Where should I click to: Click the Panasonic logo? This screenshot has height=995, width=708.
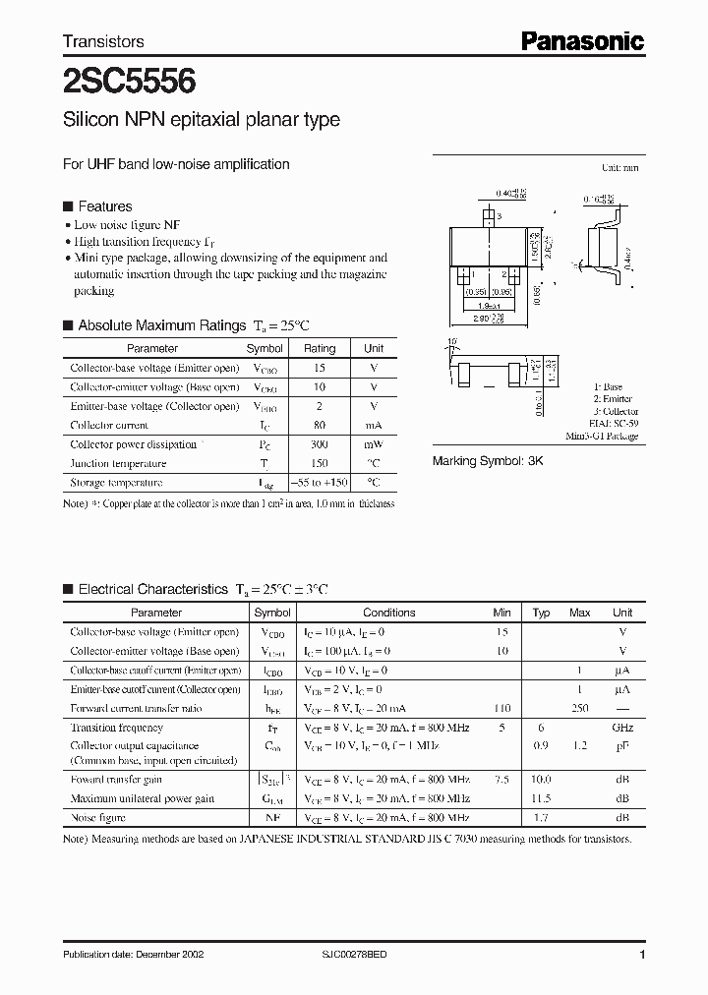pos(582,40)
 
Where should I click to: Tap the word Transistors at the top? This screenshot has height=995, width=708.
pos(103,41)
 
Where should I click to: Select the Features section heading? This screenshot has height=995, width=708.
pos(104,206)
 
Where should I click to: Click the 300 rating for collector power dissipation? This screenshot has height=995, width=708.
pos(319,444)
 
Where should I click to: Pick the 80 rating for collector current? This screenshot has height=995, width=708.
pos(319,425)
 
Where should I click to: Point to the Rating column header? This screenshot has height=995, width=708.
pos(319,348)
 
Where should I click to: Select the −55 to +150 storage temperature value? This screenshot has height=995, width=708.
pos(319,483)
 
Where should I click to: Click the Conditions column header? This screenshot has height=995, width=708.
pos(388,613)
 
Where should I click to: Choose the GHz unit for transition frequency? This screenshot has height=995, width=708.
pos(621,728)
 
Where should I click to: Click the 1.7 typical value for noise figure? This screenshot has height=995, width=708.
pos(541,818)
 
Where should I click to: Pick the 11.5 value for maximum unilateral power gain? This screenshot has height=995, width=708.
pos(541,799)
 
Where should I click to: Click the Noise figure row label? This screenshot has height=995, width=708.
pos(97,818)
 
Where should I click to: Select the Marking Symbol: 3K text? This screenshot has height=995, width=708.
pos(488,460)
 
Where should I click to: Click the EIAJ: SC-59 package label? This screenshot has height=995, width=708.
pos(615,424)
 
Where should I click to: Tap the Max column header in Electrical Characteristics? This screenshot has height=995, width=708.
pos(579,613)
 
